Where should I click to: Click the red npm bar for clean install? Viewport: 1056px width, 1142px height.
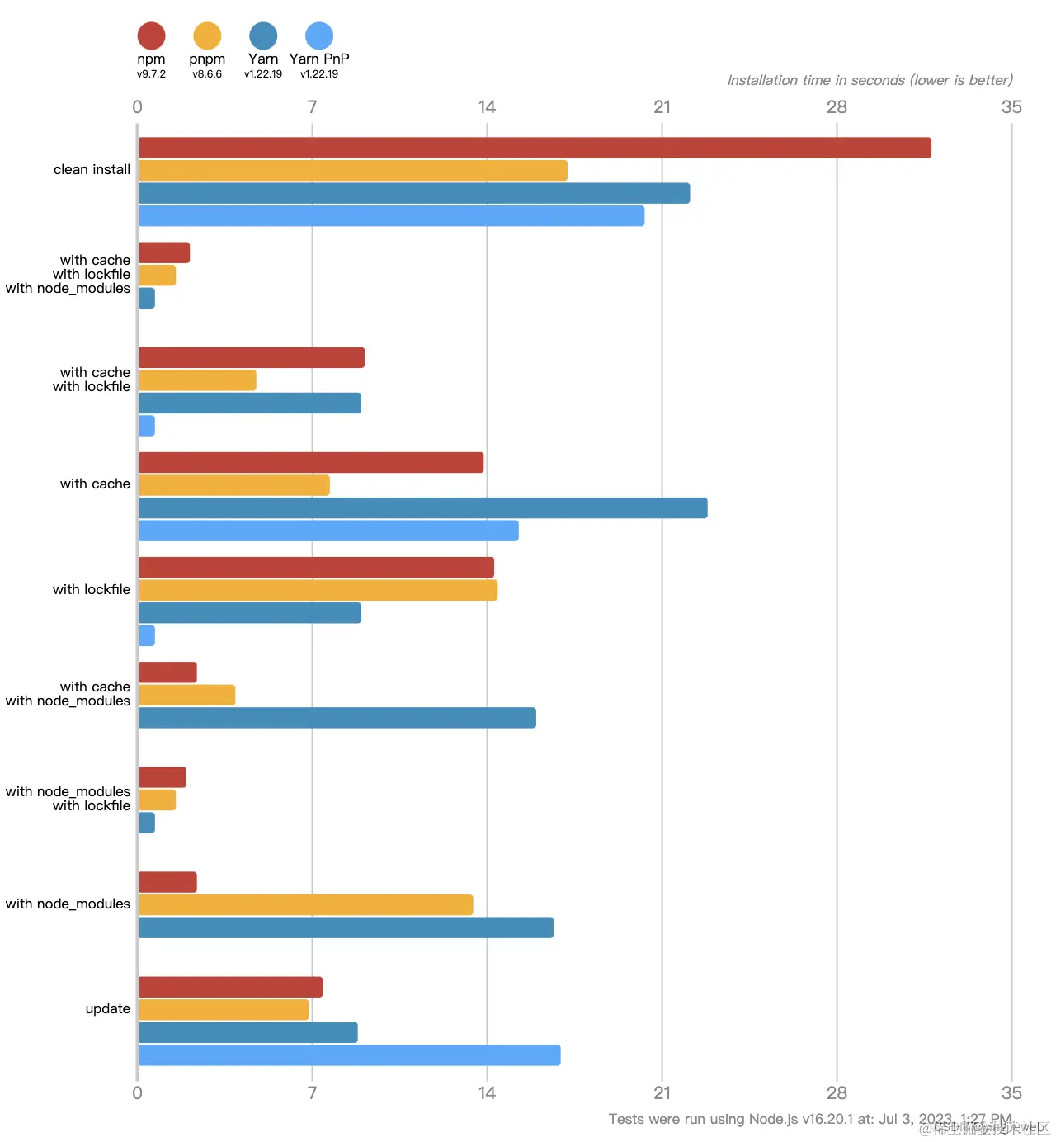[535, 148]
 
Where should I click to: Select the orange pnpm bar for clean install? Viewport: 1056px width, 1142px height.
[353, 171]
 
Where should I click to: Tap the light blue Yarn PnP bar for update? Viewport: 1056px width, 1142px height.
[350, 1055]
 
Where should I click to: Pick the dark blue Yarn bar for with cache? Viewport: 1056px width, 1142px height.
[423, 508]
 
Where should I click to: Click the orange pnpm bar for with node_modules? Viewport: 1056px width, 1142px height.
[306, 905]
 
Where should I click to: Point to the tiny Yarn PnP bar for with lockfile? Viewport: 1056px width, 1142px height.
[147, 636]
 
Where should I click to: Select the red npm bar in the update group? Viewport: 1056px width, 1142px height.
[231, 987]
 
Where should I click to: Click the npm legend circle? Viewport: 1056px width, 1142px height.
[151, 36]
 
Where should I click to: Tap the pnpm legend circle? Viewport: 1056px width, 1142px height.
[207, 36]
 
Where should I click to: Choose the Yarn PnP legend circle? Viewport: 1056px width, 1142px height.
[319, 36]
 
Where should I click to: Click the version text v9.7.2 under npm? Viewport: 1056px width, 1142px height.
[151, 74]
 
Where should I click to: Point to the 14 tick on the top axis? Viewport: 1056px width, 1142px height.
[487, 107]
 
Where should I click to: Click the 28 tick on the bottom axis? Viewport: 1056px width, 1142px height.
[837, 1093]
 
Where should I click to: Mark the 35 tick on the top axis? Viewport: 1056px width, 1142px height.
[1011, 107]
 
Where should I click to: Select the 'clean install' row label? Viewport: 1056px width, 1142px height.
[92, 170]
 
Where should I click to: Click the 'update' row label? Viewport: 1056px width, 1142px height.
[108, 1009]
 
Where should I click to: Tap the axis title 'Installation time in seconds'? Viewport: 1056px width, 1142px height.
[870, 80]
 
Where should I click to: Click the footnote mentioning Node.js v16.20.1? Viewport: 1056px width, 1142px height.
[809, 1120]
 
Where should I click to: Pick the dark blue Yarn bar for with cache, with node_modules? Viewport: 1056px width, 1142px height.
[337, 718]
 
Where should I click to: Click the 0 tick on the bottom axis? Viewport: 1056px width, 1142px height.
[137, 1093]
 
